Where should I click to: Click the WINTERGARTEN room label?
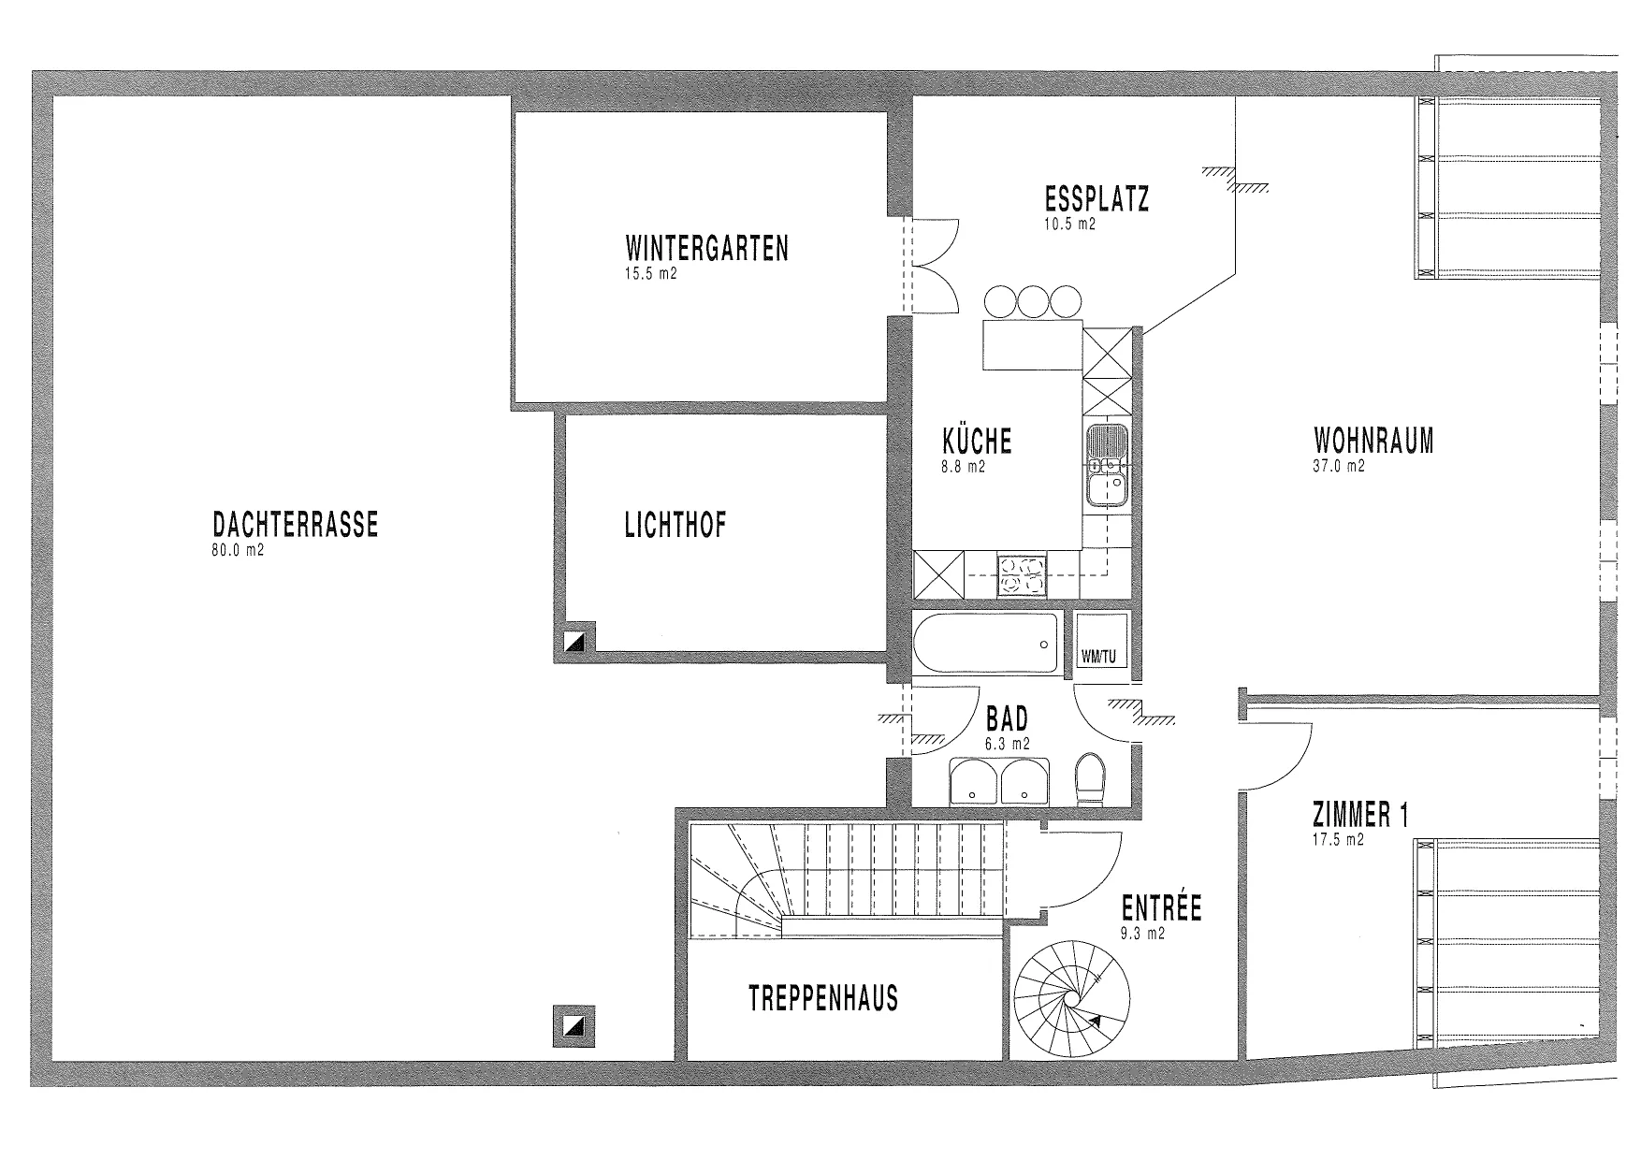tap(706, 249)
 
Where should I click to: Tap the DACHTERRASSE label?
tap(296, 524)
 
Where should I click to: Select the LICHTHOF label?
tap(675, 525)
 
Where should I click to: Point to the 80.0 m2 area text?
tap(238, 551)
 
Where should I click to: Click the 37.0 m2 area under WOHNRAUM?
tap(1338, 465)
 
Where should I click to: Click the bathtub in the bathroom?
tap(985, 644)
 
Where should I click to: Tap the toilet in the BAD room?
tap(1090, 780)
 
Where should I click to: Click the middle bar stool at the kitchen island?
tap(1033, 302)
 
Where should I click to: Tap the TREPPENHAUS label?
tap(823, 998)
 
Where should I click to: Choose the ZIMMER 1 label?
tap(1360, 816)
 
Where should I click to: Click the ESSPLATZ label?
tap(1096, 199)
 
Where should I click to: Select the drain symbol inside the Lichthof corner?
tap(576, 642)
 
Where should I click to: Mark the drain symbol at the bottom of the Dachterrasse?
tap(574, 1026)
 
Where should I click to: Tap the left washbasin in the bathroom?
tap(974, 782)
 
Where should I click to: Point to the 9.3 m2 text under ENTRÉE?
tap(1142, 933)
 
